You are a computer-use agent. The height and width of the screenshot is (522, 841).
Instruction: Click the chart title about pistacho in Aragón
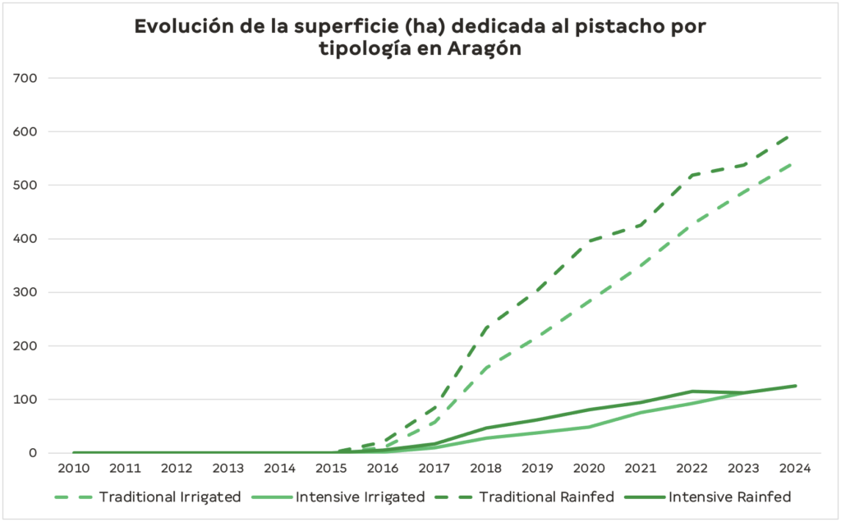420,38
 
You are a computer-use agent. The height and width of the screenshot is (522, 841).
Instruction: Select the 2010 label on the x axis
74,469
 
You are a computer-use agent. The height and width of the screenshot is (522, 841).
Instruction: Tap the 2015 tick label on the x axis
332,469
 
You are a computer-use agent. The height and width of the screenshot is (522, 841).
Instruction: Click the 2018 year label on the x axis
486,469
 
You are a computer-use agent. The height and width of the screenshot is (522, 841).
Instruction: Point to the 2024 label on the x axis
795,469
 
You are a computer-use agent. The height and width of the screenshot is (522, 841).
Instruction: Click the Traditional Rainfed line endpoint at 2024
793,134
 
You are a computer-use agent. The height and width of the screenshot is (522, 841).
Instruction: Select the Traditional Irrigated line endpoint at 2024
793,163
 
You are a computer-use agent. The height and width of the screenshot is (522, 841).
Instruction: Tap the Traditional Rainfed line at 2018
486,328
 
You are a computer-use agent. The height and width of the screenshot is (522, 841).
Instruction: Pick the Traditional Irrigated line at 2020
589,302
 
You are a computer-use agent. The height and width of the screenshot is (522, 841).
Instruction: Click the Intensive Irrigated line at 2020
589,427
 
